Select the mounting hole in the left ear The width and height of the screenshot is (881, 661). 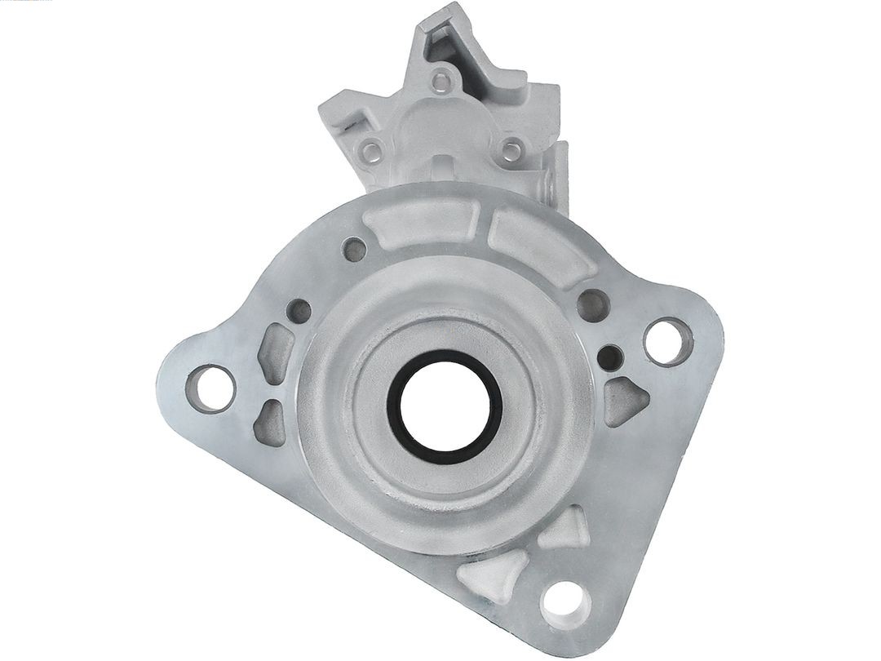210,387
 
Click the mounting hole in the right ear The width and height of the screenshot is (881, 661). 666,340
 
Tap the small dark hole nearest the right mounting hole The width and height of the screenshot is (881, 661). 610,356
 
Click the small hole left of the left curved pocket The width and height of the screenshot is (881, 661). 355,250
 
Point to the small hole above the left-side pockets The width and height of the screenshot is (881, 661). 300,311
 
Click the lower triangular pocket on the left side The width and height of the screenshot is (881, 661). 269,423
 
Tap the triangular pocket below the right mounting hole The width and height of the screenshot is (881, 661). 626,401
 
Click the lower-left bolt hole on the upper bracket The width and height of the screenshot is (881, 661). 373,150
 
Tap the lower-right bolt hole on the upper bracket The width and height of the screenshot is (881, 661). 511,150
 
